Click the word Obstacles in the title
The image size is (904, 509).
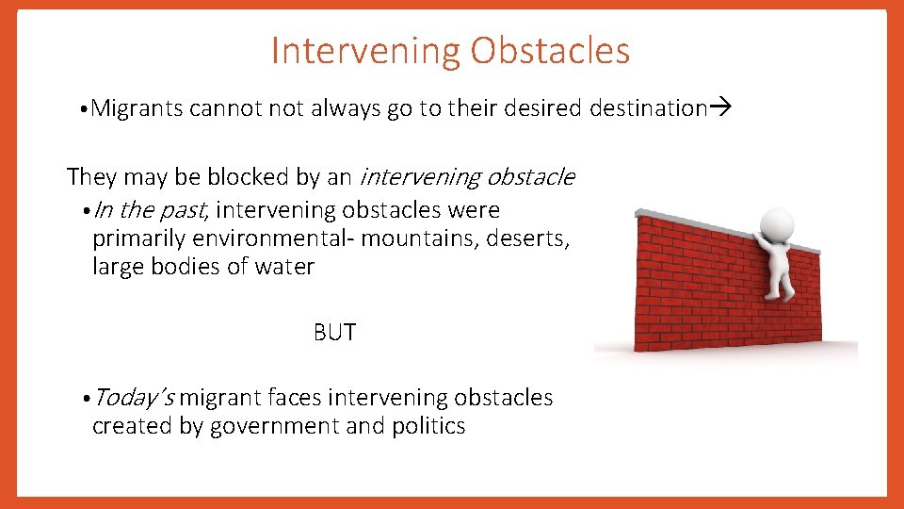tap(550, 51)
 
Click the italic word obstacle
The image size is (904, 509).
tap(530, 176)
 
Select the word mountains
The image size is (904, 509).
tap(422, 238)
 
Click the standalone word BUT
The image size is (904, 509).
tap(334, 333)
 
